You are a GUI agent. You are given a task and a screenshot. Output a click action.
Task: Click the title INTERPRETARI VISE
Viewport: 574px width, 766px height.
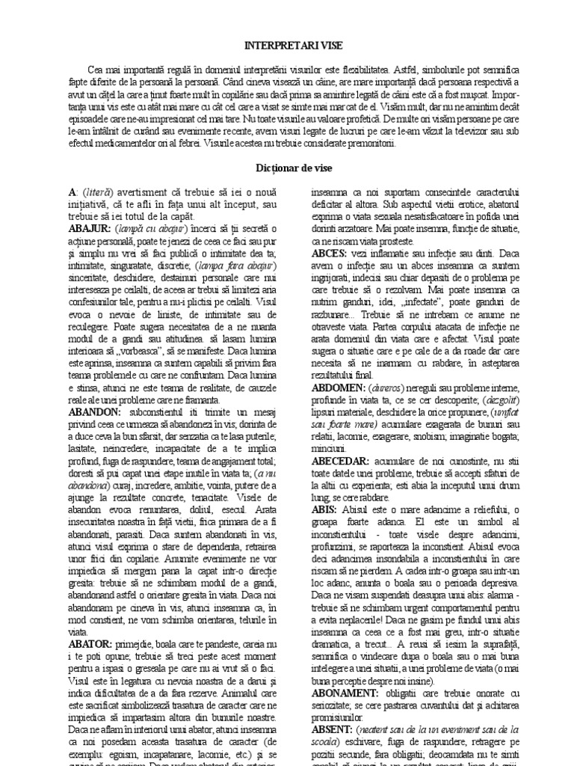click(x=286, y=45)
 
